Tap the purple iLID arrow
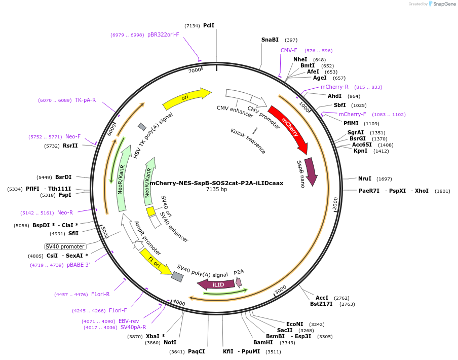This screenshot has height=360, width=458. tap(216, 285)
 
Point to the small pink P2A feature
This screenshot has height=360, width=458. tap(239, 282)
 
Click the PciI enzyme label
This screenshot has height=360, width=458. tap(209, 25)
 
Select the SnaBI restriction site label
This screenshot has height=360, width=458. tap(270, 40)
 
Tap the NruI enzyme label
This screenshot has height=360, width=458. tap(365, 178)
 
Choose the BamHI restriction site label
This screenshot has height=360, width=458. tap(263, 343)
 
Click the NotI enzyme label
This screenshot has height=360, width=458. tap(170, 343)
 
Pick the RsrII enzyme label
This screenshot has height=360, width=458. tap(70, 146)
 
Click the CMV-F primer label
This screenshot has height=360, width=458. tap(289, 51)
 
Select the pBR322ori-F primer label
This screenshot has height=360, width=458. tap(163, 34)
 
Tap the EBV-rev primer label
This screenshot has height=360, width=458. tap(129, 321)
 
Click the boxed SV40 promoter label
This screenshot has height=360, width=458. tap(64, 246)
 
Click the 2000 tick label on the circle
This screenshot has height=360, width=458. tap(335, 204)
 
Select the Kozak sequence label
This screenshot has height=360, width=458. tap(248, 141)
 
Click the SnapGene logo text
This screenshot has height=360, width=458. tap(444, 4)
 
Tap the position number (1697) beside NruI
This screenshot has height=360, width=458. tap(384, 179)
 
